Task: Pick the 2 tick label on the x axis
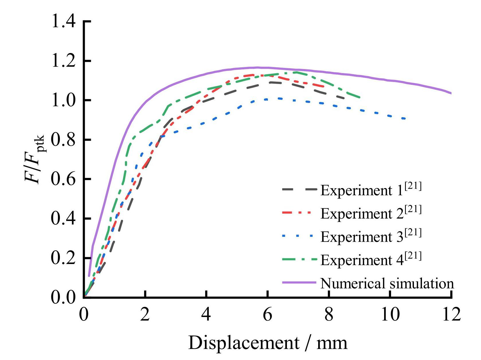coord(145,314)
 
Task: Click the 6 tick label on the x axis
coord(267,314)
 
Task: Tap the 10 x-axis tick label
coord(390,314)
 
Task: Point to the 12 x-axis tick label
coord(451,314)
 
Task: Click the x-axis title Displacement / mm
coord(267,343)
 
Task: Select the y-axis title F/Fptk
coord(34,159)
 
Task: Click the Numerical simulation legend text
coord(387,283)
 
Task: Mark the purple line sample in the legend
coord(299,283)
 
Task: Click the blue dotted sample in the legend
coord(299,236)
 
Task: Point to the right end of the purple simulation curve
coord(451,93)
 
